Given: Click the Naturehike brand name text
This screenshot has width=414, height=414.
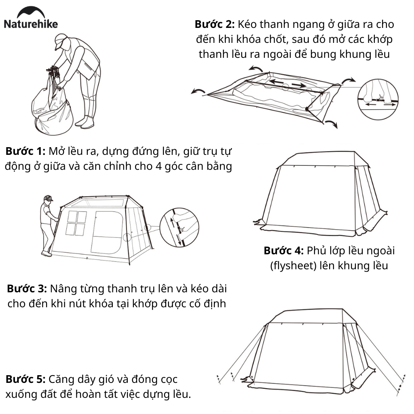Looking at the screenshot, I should (x=31, y=24).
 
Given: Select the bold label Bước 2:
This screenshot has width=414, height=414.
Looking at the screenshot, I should (x=214, y=24).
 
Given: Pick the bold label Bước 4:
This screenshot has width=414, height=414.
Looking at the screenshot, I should (x=283, y=251).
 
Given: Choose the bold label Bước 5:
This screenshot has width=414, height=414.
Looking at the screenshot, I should (x=25, y=379).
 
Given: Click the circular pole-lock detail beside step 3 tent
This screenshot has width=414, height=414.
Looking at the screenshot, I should (x=179, y=227).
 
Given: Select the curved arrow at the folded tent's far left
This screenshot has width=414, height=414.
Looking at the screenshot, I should (x=198, y=91).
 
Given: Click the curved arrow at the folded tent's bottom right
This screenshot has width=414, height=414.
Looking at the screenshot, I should (x=331, y=124).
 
